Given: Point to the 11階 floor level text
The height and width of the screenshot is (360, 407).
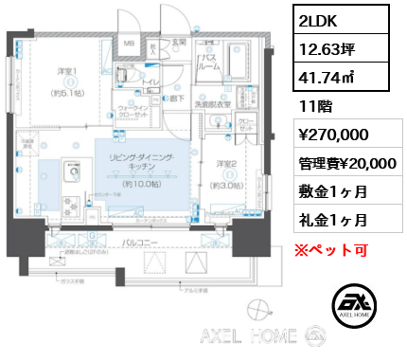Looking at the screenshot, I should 315,108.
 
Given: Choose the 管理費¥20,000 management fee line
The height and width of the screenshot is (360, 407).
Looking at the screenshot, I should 345,163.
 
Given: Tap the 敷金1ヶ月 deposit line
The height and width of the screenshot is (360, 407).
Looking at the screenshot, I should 327,190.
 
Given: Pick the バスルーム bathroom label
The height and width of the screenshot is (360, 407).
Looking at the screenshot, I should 207,62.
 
